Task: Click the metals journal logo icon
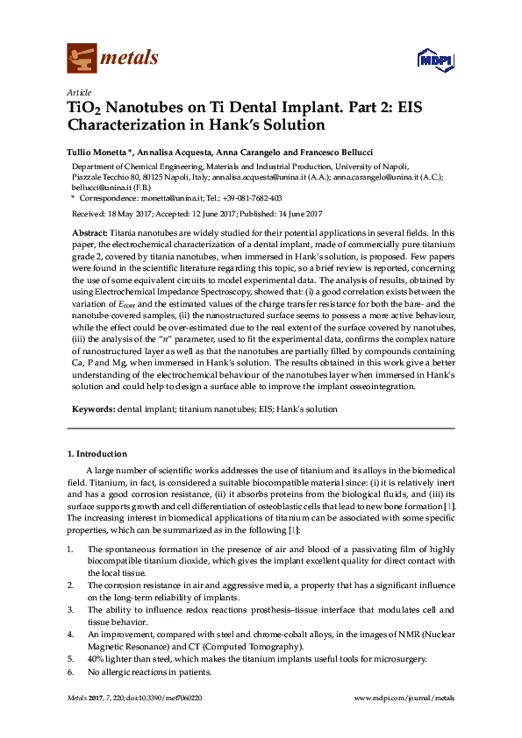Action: click(x=82, y=58)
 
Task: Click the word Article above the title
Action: click(x=77, y=92)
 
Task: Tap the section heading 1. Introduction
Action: click(x=97, y=453)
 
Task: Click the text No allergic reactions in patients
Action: click(x=149, y=671)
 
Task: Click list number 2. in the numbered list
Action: click(x=71, y=584)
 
